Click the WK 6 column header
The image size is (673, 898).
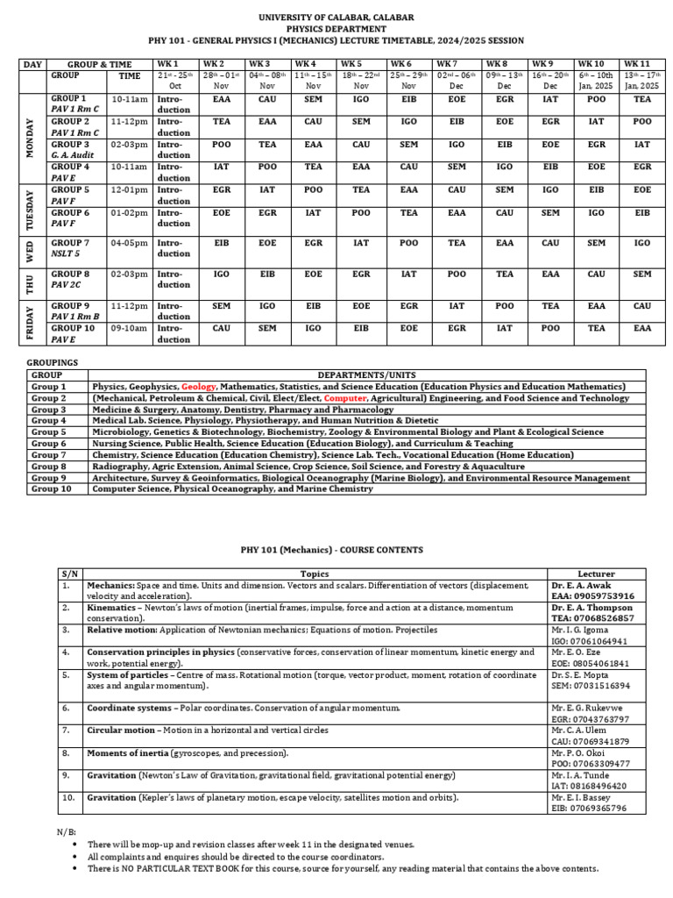400,64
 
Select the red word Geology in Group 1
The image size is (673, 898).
199,386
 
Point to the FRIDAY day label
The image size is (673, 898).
31,323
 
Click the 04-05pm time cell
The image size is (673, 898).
129,243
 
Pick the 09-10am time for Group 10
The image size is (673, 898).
129,329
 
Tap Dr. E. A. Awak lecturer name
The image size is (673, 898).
581,585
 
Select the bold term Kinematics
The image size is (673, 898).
110,607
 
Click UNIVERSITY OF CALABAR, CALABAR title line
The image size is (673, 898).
336,18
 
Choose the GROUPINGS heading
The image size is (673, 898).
53,361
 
